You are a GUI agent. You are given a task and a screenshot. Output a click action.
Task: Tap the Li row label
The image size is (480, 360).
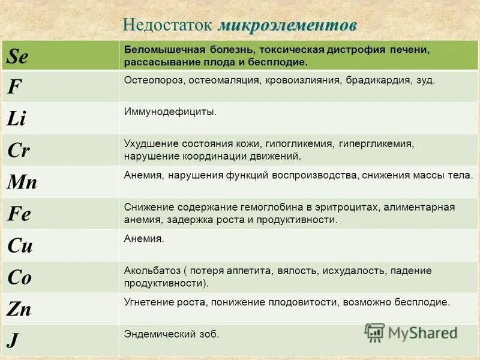[17, 118]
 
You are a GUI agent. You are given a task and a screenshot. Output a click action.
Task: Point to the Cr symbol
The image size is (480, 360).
[19, 150]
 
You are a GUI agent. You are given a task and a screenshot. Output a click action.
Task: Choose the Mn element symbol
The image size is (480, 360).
[22, 182]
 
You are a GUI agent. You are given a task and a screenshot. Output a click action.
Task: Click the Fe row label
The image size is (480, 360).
[19, 214]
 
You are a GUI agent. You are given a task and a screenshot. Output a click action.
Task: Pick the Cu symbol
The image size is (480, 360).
[20, 245]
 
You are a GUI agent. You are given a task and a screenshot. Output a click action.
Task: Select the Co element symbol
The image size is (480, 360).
[20, 277]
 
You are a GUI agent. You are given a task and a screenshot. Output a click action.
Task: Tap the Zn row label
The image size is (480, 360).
[20, 309]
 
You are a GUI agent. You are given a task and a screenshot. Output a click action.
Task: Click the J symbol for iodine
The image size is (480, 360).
[12, 340]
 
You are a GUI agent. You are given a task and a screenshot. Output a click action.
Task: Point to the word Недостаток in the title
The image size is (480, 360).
[167, 26]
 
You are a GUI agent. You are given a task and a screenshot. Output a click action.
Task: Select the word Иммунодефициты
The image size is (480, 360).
[170, 112]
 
